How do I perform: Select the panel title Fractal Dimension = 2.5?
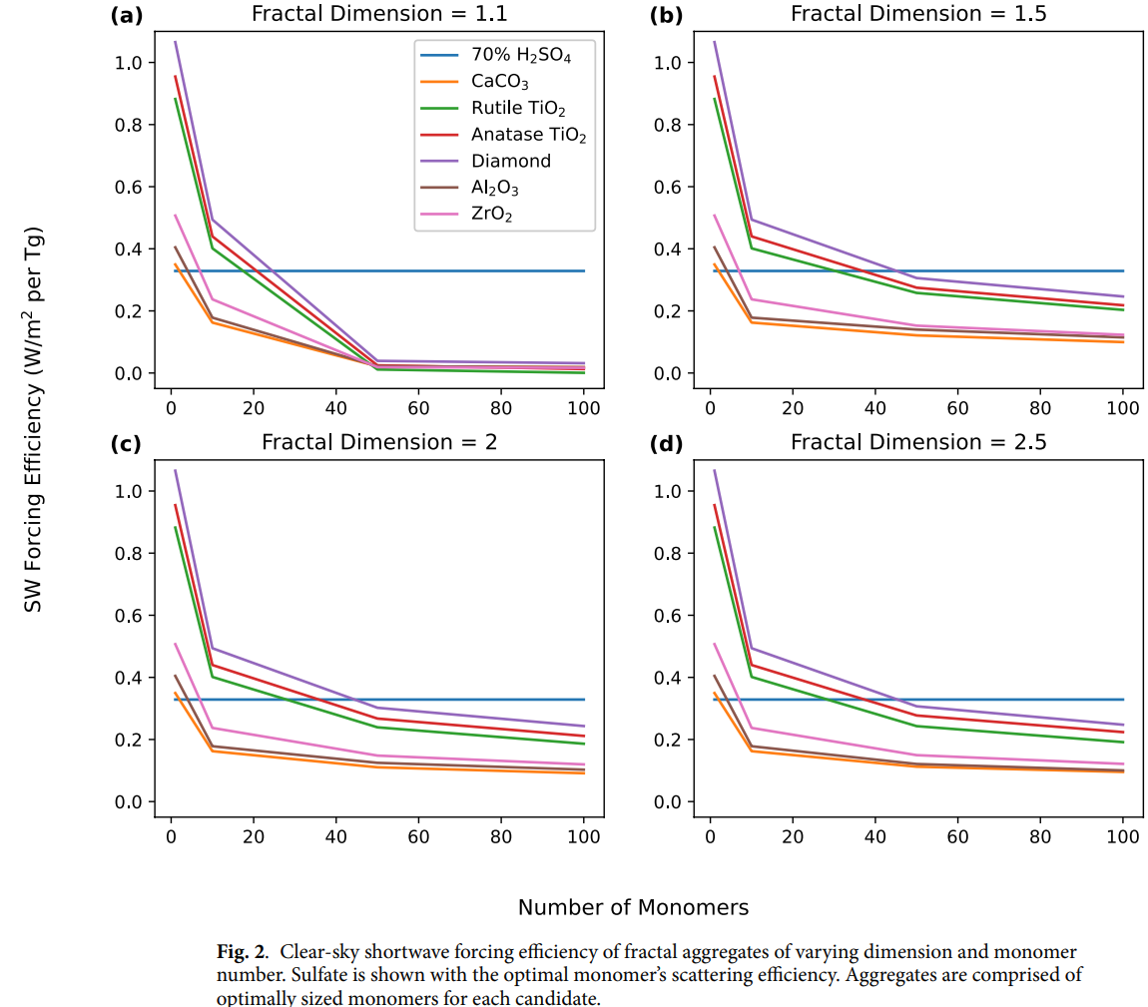tap(918, 442)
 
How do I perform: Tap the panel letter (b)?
tap(666, 15)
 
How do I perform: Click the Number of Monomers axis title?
tap(633, 907)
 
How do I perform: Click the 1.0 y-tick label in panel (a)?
tap(130, 63)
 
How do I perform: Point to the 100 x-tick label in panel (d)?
tap(1123, 836)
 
